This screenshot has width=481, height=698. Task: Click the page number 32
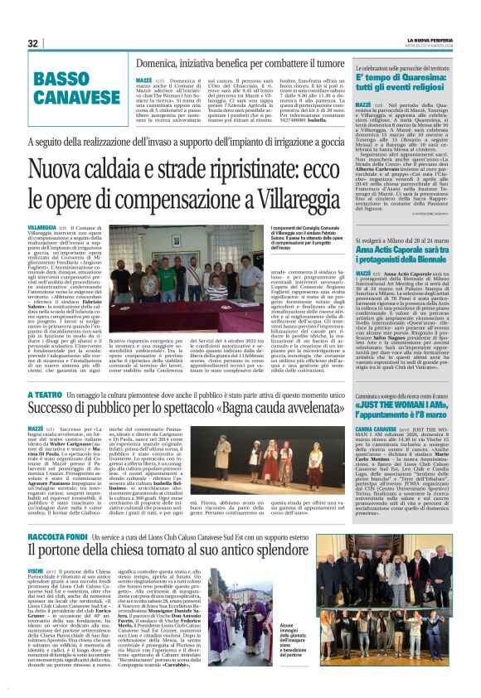pyautogui.click(x=33, y=44)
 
